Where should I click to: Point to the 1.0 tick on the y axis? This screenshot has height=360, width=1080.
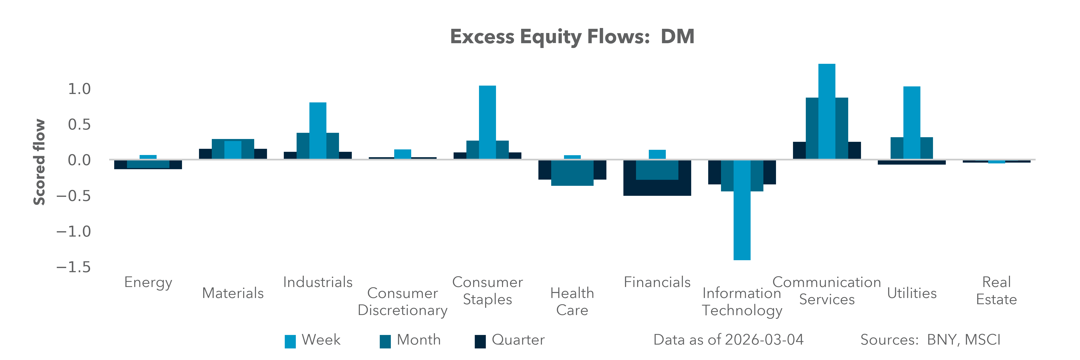pyautogui.click(x=79, y=89)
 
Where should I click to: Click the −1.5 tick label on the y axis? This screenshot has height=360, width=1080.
pyautogui.click(x=73, y=267)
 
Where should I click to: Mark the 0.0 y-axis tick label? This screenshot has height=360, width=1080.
pyautogui.click(x=79, y=160)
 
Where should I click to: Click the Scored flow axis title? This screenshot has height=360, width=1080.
pyautogui.click(x=39, y=162)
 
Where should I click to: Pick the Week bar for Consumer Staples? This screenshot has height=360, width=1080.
pyautogui.click(x=487, y=122)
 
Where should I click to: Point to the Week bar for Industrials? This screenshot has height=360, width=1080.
pyautogui.click(x=318, y=131)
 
